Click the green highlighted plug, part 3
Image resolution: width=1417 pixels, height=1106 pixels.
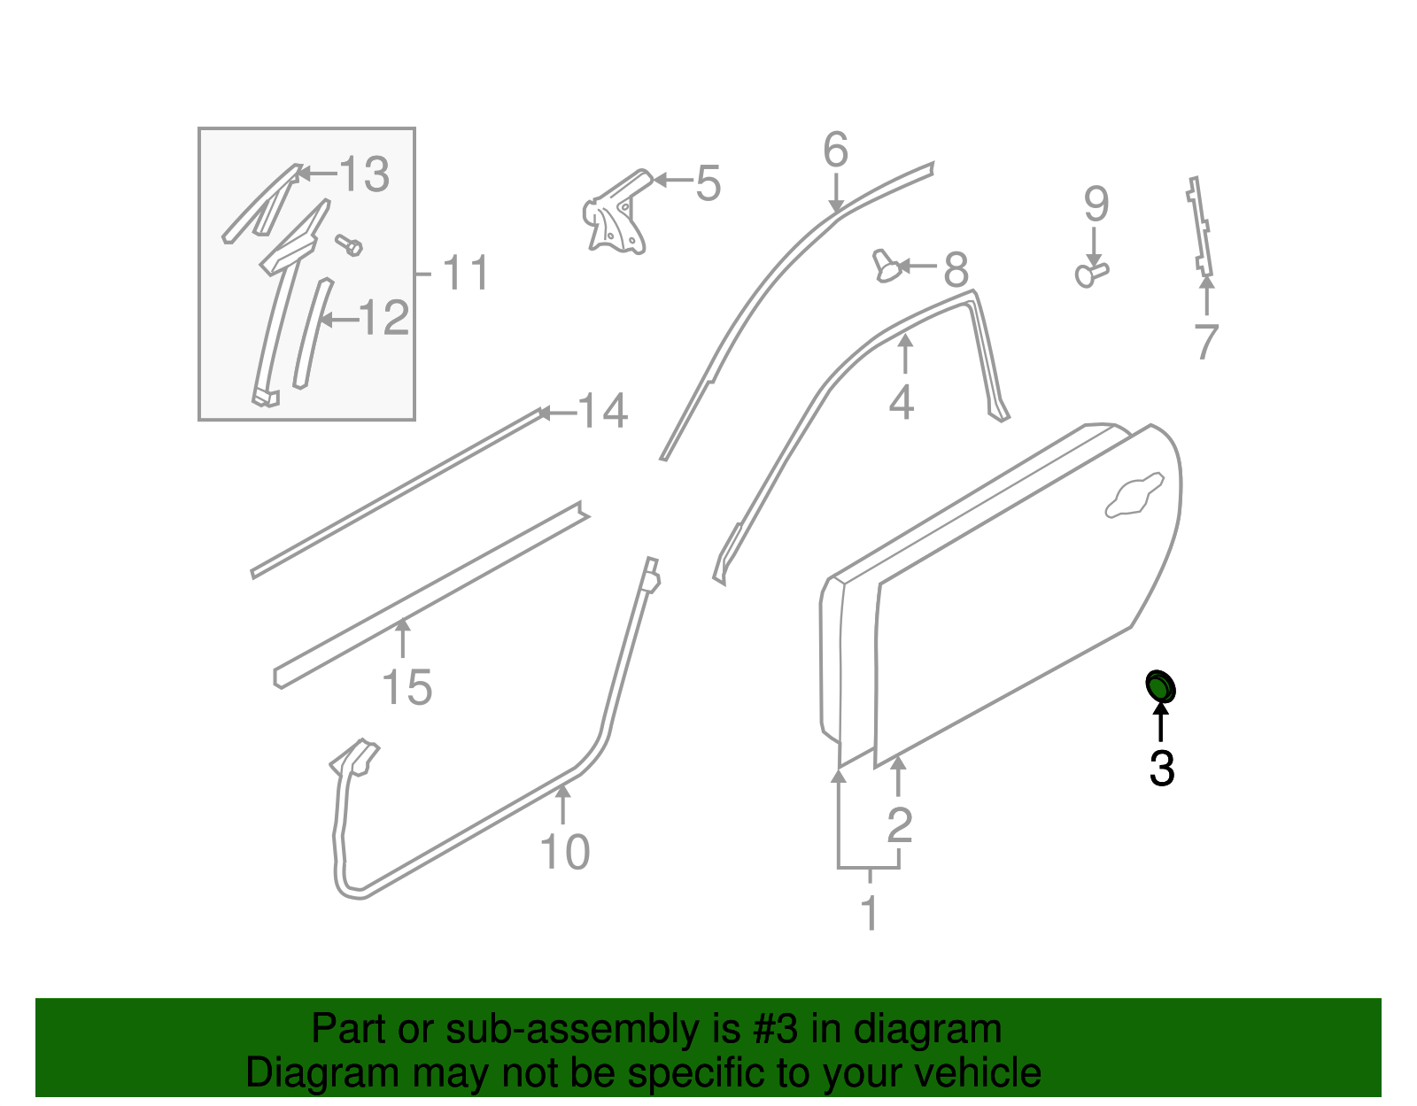point(1160,686)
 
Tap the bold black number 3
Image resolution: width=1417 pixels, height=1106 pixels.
point(1162,769)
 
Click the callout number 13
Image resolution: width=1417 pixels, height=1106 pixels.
point(364,174)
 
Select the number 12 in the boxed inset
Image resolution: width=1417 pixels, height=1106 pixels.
point(384,318)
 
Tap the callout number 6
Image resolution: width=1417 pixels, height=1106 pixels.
point(835,150)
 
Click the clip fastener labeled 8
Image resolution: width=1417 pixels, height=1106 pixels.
point(887,266)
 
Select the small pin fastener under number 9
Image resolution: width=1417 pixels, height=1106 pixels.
point(1091,274)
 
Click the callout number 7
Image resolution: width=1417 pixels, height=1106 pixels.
point(1206,342)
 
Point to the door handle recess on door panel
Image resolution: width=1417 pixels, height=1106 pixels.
point(1134,496)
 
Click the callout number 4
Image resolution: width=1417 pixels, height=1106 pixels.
point(902,403)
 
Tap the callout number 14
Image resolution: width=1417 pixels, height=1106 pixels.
point(603,412)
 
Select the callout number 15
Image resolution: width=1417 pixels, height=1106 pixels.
point(407,688)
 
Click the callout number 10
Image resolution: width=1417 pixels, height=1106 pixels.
point(565,852)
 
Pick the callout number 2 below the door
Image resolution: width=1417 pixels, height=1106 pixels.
point(900,825)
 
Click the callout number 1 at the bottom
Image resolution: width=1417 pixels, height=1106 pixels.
point(870,913)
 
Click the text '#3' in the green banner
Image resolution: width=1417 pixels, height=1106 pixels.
point(775,1030)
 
